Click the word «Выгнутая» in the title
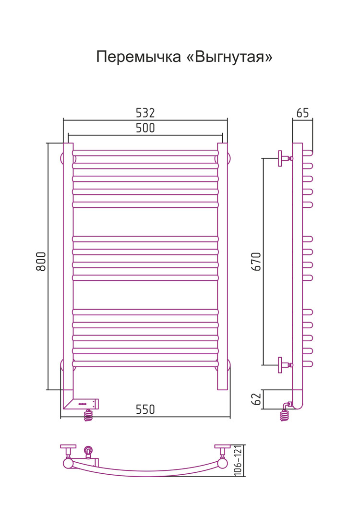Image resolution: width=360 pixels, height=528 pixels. coord(229,57)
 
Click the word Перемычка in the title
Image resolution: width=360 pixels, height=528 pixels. coord(139,57)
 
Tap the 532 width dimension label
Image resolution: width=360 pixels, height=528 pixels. coord(145,113)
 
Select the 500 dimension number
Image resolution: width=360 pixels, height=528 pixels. coord(145,128)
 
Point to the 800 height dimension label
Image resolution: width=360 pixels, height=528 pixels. coord(41,261)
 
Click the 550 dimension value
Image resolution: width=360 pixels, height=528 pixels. coord(145,409)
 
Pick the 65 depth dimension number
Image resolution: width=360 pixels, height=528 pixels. coord(302,113)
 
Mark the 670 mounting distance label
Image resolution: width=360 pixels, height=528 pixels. coord(256,261)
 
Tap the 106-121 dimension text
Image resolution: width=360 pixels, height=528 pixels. coord(238,460)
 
